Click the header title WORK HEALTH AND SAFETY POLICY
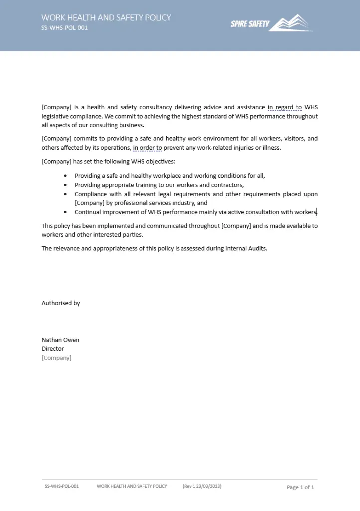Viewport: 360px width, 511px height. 106,18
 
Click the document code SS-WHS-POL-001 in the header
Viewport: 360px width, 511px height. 64,28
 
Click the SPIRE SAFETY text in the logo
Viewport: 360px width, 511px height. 250,24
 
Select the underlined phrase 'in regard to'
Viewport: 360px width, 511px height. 284,107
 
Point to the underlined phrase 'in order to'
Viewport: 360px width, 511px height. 147,148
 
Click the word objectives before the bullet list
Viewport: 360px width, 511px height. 160,162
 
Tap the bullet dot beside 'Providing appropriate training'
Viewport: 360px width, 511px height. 65,185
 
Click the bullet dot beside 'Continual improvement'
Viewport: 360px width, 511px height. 65,212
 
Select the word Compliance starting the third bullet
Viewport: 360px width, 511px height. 91,194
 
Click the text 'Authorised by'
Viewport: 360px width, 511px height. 61,303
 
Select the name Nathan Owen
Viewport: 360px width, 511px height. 60,340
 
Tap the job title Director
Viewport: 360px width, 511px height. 53,349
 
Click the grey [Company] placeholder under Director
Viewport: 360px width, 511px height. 56,358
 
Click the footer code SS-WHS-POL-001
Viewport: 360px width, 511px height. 62,486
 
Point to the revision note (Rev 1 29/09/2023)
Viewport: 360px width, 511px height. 202,486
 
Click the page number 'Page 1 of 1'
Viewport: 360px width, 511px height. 300,487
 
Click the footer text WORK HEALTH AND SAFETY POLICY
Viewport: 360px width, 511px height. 132,486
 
